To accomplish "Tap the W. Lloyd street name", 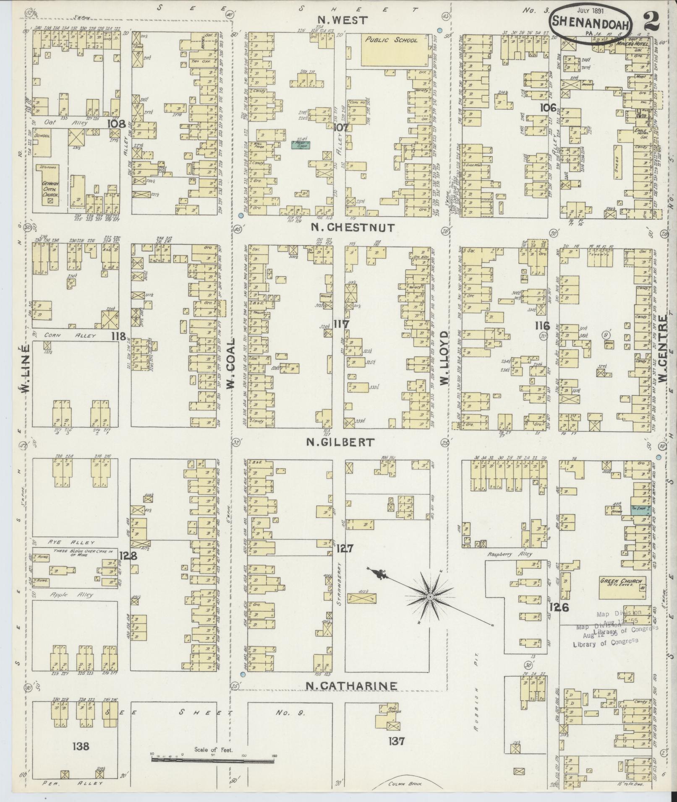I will [x=444, y=358].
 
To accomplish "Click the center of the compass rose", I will [x=430, y=596].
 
